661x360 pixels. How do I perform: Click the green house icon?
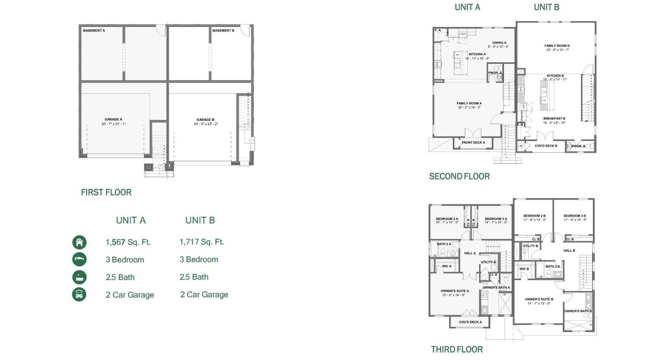coord(79,242)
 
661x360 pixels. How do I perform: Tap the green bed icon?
coord(79,260)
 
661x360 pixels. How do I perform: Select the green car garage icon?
coord(79,294)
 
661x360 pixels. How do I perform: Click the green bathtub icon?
coord(79,277)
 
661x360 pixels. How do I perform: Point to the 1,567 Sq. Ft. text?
coord(128,242)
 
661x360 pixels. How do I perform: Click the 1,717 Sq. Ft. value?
coord(202,242)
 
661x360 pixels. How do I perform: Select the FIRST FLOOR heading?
coord(106,192)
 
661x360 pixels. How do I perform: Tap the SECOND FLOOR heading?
coord(459,177)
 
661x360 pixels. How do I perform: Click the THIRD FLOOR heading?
coord(457,350)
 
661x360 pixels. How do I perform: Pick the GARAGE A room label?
coord(114,119)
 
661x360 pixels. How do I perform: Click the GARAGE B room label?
coord(205,119)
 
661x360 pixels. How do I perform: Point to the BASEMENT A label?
coord(94,31)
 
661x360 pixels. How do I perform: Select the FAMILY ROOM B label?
coord(557,45)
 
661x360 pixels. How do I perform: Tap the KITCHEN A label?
coord(477,54)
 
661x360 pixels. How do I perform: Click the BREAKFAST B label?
coord(554,118)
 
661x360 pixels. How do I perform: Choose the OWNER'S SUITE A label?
coord(454,291)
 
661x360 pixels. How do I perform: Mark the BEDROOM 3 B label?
coord(574,215)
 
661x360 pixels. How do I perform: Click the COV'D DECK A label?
coord(470,322)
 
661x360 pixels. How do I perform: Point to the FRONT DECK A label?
coord(473,142)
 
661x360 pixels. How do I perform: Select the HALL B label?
coord(569,251)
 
